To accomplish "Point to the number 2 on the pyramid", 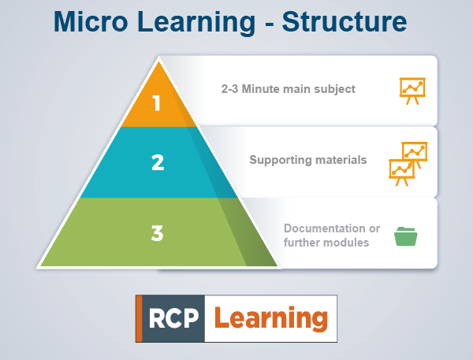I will (158, 162).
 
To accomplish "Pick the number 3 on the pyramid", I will (158, 232).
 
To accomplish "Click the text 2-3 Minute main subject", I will (288, 89).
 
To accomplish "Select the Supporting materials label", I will (308, 160).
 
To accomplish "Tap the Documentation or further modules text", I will (331, 236).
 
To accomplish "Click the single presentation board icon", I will (412, 90).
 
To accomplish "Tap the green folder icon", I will (406, 235).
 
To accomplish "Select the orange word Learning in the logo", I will (270, 317).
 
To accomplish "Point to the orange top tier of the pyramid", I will (158, 98).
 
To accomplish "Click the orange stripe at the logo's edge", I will (139, 318).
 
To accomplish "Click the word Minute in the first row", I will (263, 89).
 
